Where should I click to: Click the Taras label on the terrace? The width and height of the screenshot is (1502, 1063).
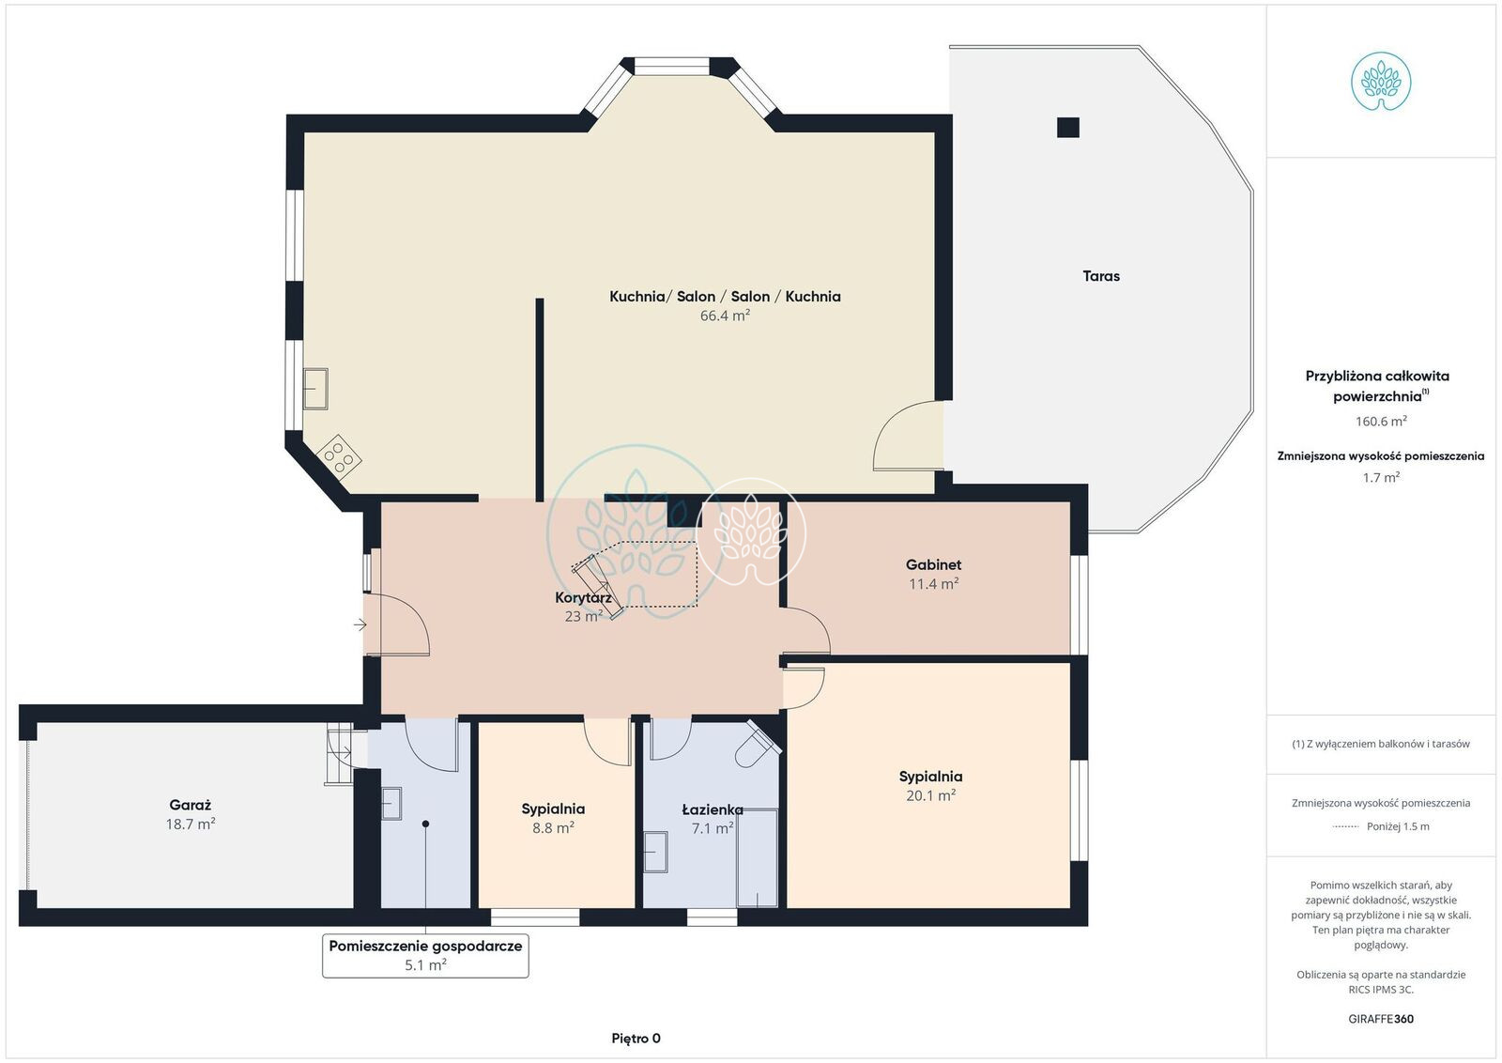1101,276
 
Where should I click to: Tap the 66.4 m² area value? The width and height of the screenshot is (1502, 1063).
725,316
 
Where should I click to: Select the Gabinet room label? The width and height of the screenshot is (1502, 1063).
933,564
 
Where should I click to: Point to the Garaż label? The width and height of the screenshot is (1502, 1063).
191,805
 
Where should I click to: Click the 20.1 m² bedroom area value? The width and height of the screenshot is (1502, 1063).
930,795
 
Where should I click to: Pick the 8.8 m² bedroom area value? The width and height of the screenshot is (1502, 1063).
553,827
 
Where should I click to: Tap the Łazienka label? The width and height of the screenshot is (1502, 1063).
713,810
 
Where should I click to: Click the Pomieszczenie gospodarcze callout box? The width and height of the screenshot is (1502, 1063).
425,956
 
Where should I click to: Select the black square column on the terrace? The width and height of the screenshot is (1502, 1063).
1068,128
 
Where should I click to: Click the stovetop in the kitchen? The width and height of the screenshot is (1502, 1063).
339,456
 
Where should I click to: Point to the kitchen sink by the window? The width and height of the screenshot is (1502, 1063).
315,389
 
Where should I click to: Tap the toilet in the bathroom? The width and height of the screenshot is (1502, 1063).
758,746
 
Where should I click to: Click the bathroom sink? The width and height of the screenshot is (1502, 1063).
656,852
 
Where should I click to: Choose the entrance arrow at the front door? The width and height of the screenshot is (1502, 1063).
360,625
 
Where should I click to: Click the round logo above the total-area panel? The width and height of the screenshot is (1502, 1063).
1381,81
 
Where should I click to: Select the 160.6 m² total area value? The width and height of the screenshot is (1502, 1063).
1381,422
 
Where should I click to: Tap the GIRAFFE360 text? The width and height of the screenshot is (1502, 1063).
1381,1019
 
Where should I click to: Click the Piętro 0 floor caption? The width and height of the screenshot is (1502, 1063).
636,1039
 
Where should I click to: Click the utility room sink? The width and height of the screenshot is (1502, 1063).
391,804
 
